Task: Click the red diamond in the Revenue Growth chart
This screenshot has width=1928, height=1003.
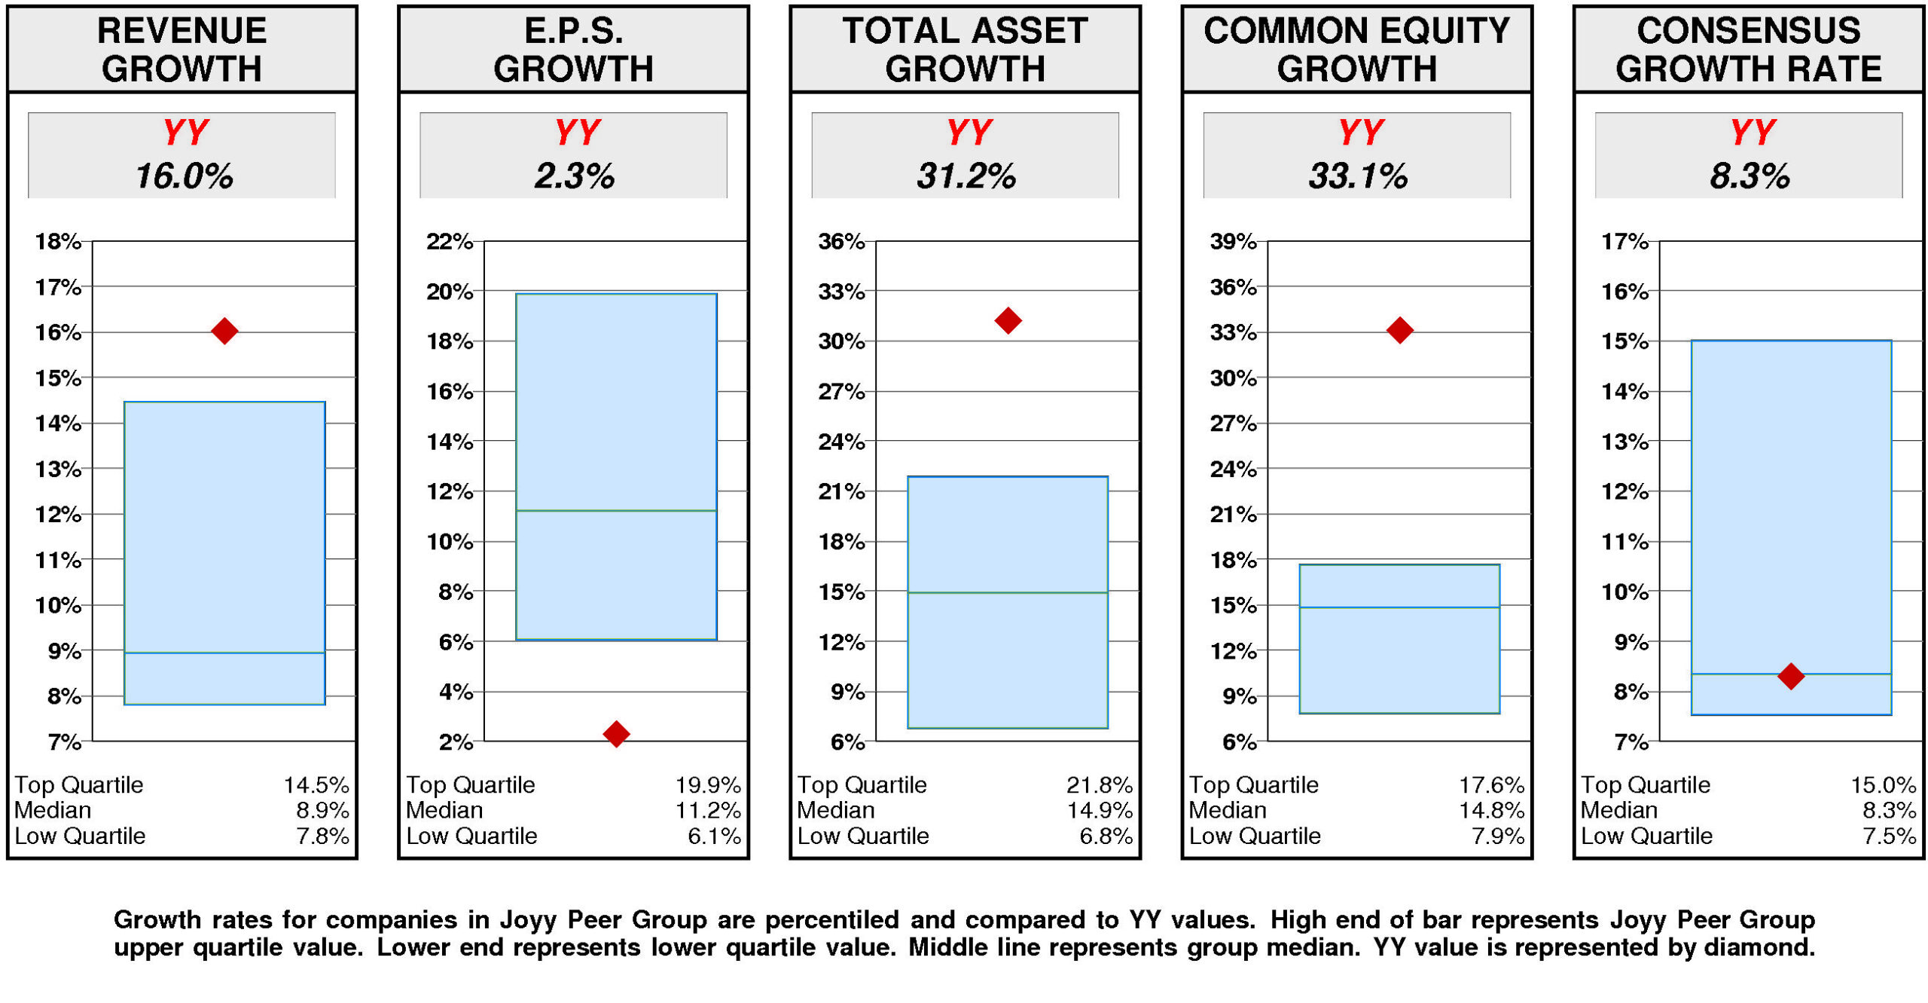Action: coord(224,331)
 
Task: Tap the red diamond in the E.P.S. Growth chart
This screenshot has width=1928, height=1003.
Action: coord(616,733)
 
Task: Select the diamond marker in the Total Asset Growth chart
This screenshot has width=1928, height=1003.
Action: coord(1008,320)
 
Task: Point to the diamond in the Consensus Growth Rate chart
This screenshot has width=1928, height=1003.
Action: coord(1790,675)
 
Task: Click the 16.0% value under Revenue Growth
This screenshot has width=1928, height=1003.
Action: coord(184,176)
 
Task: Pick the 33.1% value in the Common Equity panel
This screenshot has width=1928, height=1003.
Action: coord(1357,176)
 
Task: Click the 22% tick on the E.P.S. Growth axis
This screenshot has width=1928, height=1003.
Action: coord(450,242)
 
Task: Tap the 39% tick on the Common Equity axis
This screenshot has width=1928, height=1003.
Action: coord(1233,242)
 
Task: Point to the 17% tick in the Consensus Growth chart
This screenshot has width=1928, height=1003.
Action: coord(1624,242)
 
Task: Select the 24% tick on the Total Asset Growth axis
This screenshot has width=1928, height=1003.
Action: coord(841,442)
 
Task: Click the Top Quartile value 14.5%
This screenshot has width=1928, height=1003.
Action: coord(316,785)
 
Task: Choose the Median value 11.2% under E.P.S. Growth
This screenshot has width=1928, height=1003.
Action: coord(707,811)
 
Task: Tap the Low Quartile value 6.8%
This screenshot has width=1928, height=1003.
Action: coord(1105,836)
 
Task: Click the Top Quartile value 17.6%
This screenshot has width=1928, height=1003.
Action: coord(1491,785)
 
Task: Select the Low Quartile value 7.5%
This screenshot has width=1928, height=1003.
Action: coord(1889,836)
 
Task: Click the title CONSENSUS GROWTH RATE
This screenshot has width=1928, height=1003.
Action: coord(1748,50)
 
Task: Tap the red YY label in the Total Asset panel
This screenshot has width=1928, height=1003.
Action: coord(969,133)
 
